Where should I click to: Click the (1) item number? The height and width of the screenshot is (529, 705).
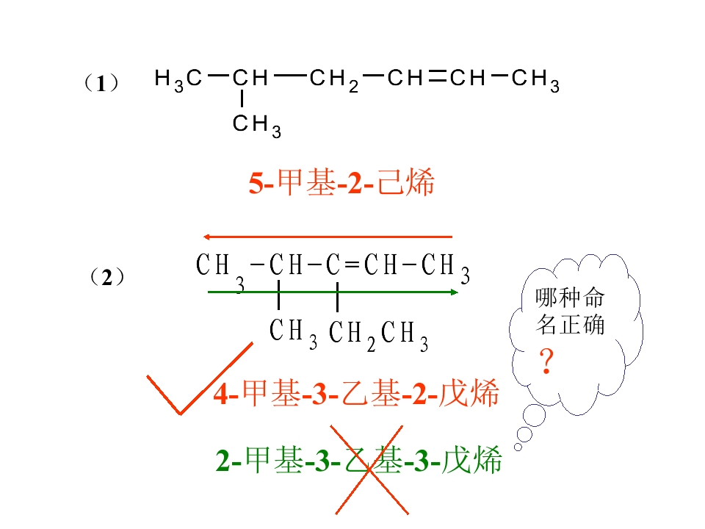pos(101,83)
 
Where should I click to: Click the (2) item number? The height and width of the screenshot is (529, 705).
pos(107,277)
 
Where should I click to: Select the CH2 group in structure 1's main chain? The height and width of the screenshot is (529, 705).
pos(334,80)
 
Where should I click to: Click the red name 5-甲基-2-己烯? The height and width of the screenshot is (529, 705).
pos(341,182)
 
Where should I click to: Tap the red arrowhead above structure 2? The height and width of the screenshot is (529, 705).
pos(207,237)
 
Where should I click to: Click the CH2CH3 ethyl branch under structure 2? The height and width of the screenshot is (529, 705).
pos(379,335)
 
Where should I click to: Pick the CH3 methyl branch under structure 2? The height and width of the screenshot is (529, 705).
pos(293,334)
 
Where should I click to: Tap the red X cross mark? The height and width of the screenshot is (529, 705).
pos(369,470)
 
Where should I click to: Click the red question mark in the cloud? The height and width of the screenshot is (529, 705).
pos(546,361)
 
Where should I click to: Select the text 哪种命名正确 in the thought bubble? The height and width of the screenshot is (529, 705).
pos(570,312)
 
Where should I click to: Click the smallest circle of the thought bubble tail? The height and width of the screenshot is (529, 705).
pos(518,447)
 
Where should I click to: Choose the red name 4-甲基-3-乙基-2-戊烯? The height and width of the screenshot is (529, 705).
pos(356,393)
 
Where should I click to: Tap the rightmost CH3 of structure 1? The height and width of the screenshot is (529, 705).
pos(535,80)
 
